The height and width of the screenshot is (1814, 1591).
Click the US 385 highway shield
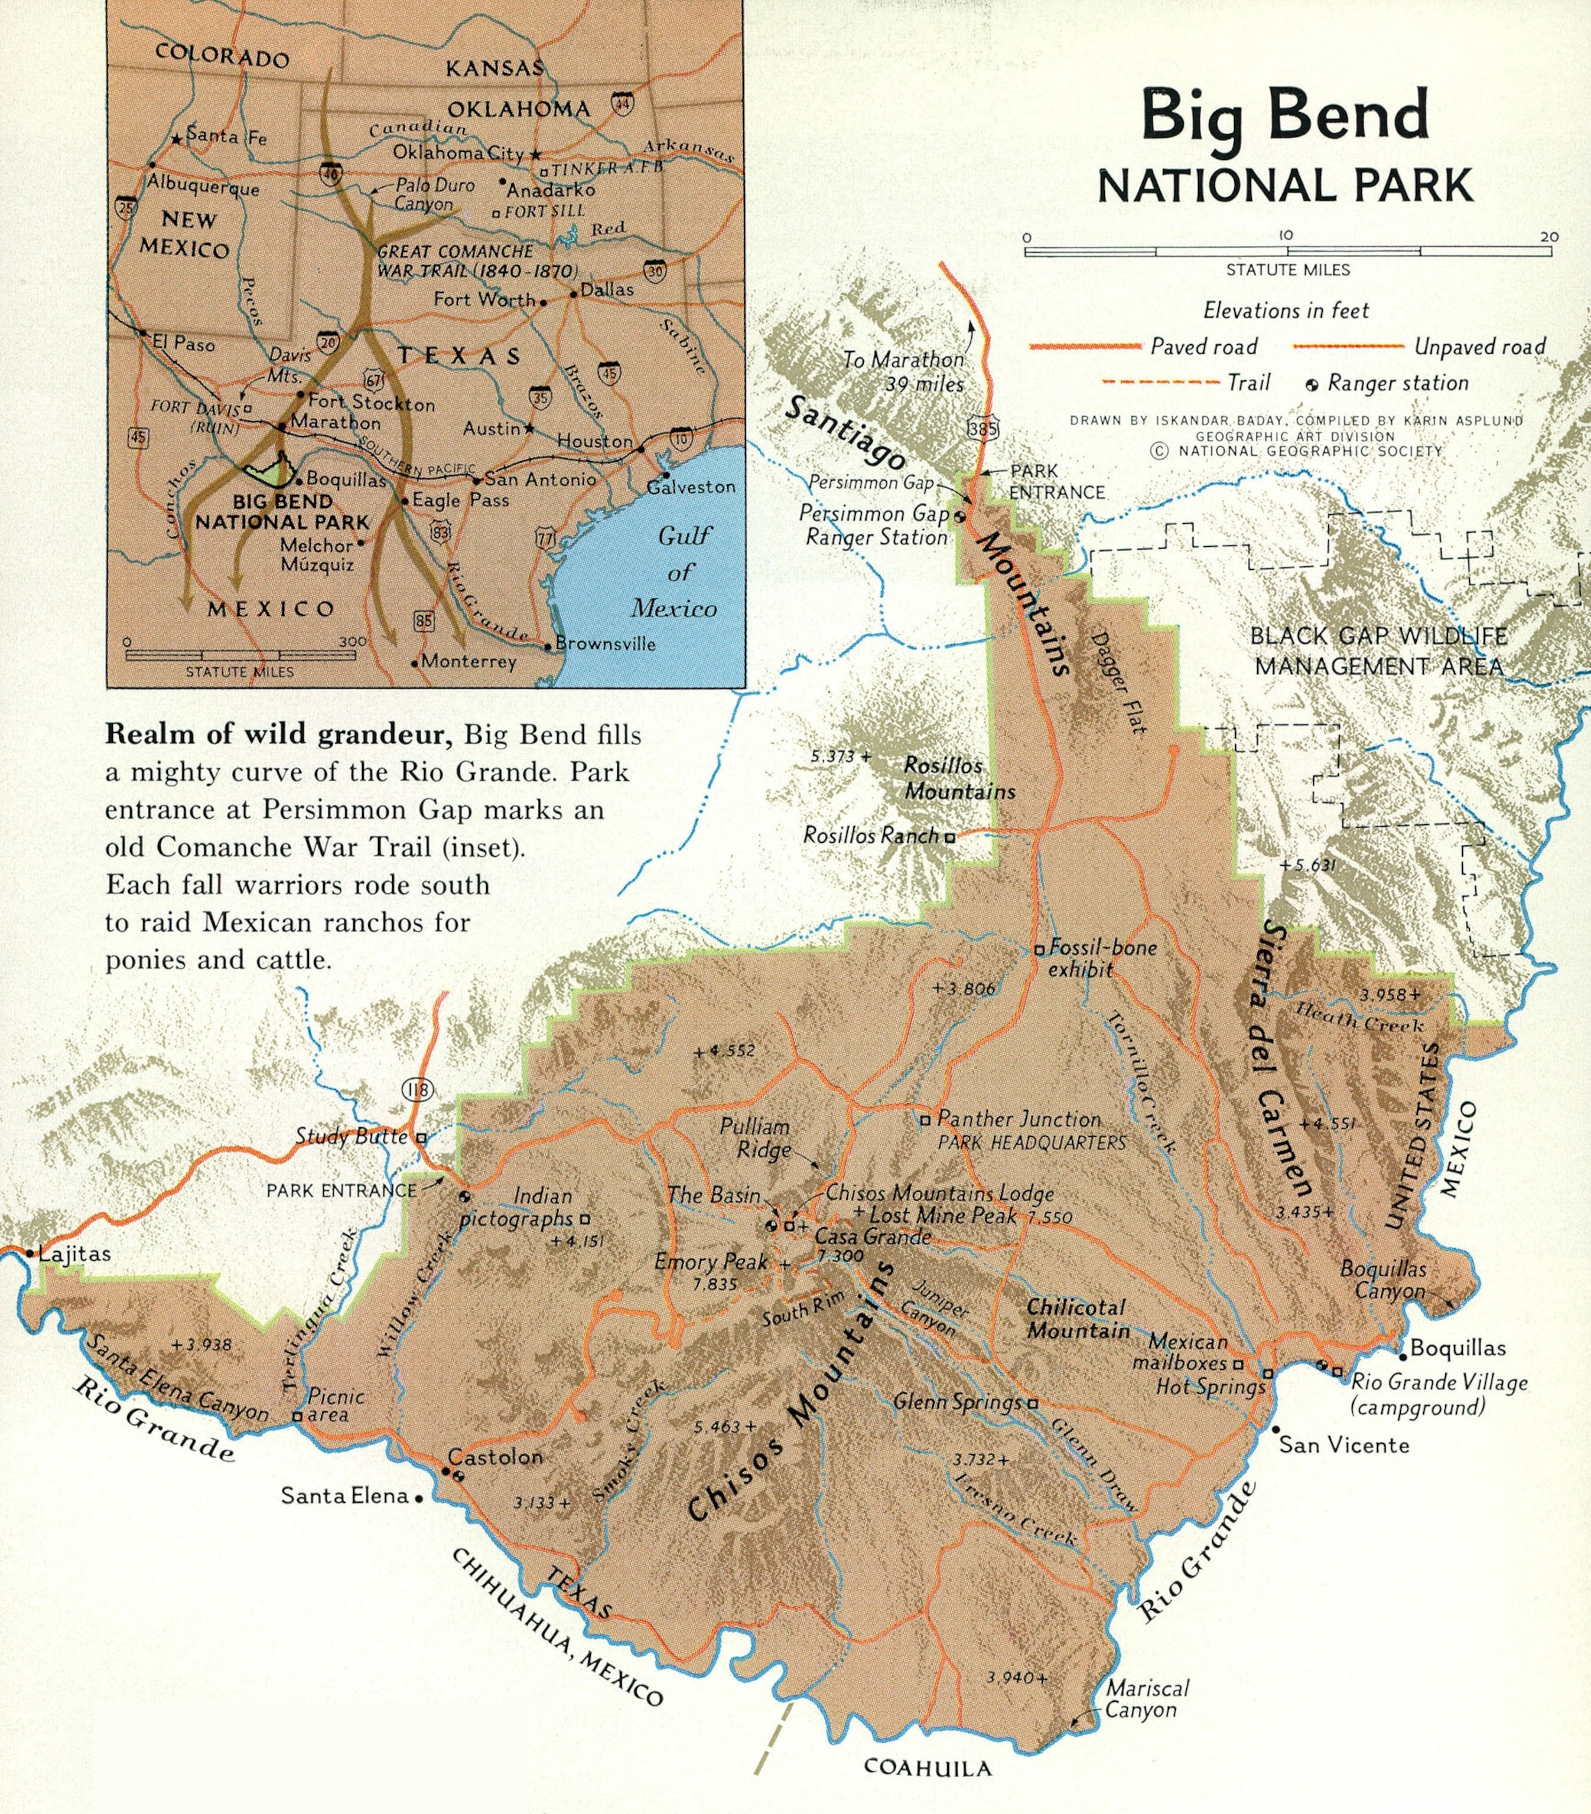982,429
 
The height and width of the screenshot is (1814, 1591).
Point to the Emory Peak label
710,1261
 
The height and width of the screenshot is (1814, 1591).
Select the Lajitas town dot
31,1254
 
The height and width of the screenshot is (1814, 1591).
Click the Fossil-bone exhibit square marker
1038,950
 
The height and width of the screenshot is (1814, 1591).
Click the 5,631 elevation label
1308,864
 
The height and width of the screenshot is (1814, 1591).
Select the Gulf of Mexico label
676,572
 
